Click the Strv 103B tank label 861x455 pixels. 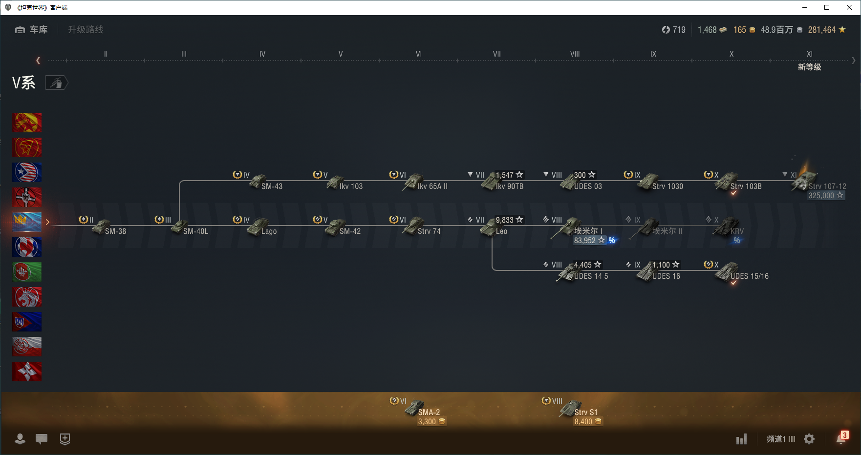click(x=746, y=186)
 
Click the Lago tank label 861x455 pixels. click(x=269, y=231)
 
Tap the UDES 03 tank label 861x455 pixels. click(x=588, y=186)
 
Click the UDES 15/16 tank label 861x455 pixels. click(x=749, y=276)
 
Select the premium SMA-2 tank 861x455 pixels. click(x=415, y=408)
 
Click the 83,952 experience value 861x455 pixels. click(x=585, y=241)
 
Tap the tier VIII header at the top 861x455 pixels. click(x=575, y=54)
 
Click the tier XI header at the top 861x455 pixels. click(x=809, y=54)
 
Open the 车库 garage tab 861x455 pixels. click(x=32, y=30)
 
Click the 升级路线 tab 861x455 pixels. click(x=86, y=30)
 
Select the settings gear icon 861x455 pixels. click(x=809, y=439)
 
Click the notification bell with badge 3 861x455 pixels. click(x=841, y=438)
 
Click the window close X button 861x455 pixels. click(x=849, y=7)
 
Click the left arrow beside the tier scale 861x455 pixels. click(x=38, y=61)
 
